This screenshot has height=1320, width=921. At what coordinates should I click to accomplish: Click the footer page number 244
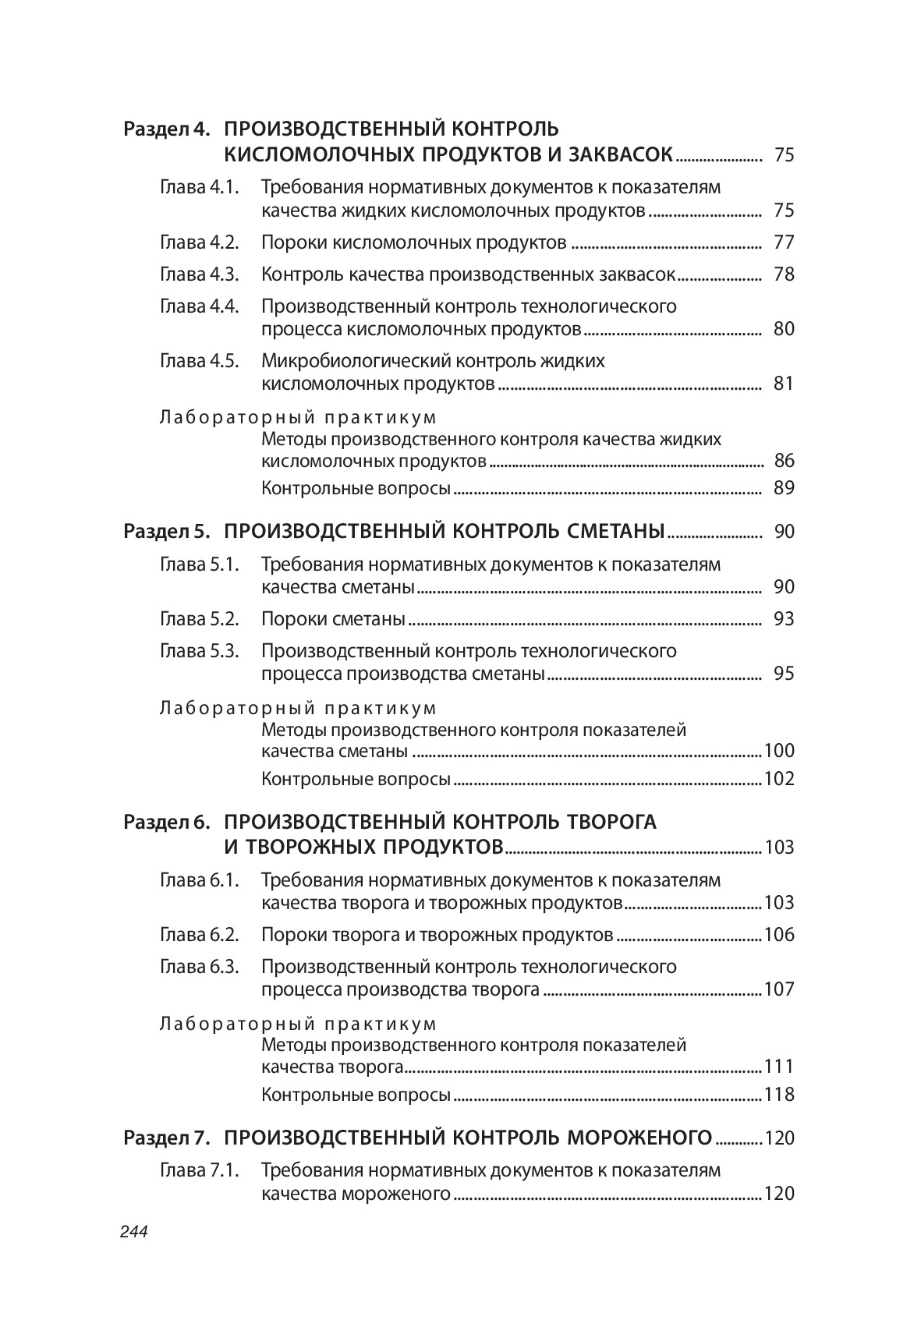[134, 1232]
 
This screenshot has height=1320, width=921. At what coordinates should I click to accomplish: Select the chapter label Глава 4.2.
[199, 242]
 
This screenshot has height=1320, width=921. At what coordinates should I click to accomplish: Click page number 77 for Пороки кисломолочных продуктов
[784, 242]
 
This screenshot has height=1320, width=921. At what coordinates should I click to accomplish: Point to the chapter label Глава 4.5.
[199, 361]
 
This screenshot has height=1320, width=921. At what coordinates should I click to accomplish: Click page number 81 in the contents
[784, 384]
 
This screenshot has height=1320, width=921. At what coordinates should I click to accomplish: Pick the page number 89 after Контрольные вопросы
[784, 489]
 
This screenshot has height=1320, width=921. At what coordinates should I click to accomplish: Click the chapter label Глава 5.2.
[199, 619]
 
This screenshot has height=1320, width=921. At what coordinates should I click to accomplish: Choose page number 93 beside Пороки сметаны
[784, 619]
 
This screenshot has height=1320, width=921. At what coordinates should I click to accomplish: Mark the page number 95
[784, 674]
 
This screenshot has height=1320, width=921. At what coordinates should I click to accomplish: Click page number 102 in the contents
[779, 779]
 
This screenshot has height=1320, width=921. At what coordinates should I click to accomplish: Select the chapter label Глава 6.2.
[199, 935]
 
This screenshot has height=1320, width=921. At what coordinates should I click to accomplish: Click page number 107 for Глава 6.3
[779, 989]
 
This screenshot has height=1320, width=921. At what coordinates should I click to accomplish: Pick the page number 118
[779, 1095]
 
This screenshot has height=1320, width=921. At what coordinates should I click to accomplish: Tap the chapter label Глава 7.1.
[199, 1170]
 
